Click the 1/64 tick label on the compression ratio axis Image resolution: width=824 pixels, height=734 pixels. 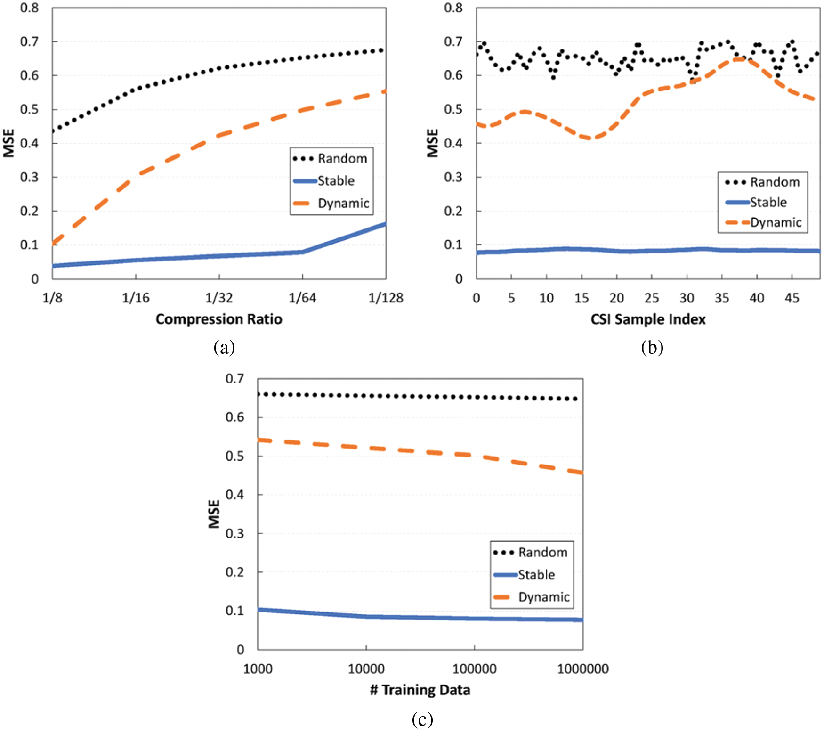pyautogui.click(x=302, y=298)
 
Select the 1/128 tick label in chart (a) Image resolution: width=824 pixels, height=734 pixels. pyautogui.click(x=386, y=298)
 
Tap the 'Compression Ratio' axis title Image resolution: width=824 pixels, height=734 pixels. pyautogui.click(x=219, y=319)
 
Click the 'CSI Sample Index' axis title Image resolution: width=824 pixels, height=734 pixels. pyautogui.click(x=648, y=319)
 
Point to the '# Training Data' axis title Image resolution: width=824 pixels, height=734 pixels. pyautogui.click(x=420, y=690)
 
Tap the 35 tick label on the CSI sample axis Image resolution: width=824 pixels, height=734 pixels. pyautogui.click(x=722, y=298)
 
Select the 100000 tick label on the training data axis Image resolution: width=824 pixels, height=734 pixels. pyautogui.click(x=474, y=669)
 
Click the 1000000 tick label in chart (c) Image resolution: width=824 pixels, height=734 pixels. pyautogui.click(x=583, y=669)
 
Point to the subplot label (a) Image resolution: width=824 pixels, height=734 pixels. pyautogui.click(x=224, y=348)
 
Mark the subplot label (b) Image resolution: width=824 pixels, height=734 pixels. pyautogui.click(x=652, y=348)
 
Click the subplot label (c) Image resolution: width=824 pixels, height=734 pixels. pyautogui.click(x=422, y=719)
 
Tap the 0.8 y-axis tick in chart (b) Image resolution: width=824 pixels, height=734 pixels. pyautogui.click(x=453, y=8)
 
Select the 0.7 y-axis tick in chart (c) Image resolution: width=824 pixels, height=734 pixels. pyautogui.click(x=235, y=379)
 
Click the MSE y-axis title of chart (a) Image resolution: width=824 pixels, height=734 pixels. pyautogui.click(x=9, y=143)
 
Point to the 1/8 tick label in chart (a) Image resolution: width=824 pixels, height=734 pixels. pyautogui.click(x=52, y=298)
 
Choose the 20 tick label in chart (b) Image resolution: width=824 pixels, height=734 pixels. pyautogui.click(x=616, y=298)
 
